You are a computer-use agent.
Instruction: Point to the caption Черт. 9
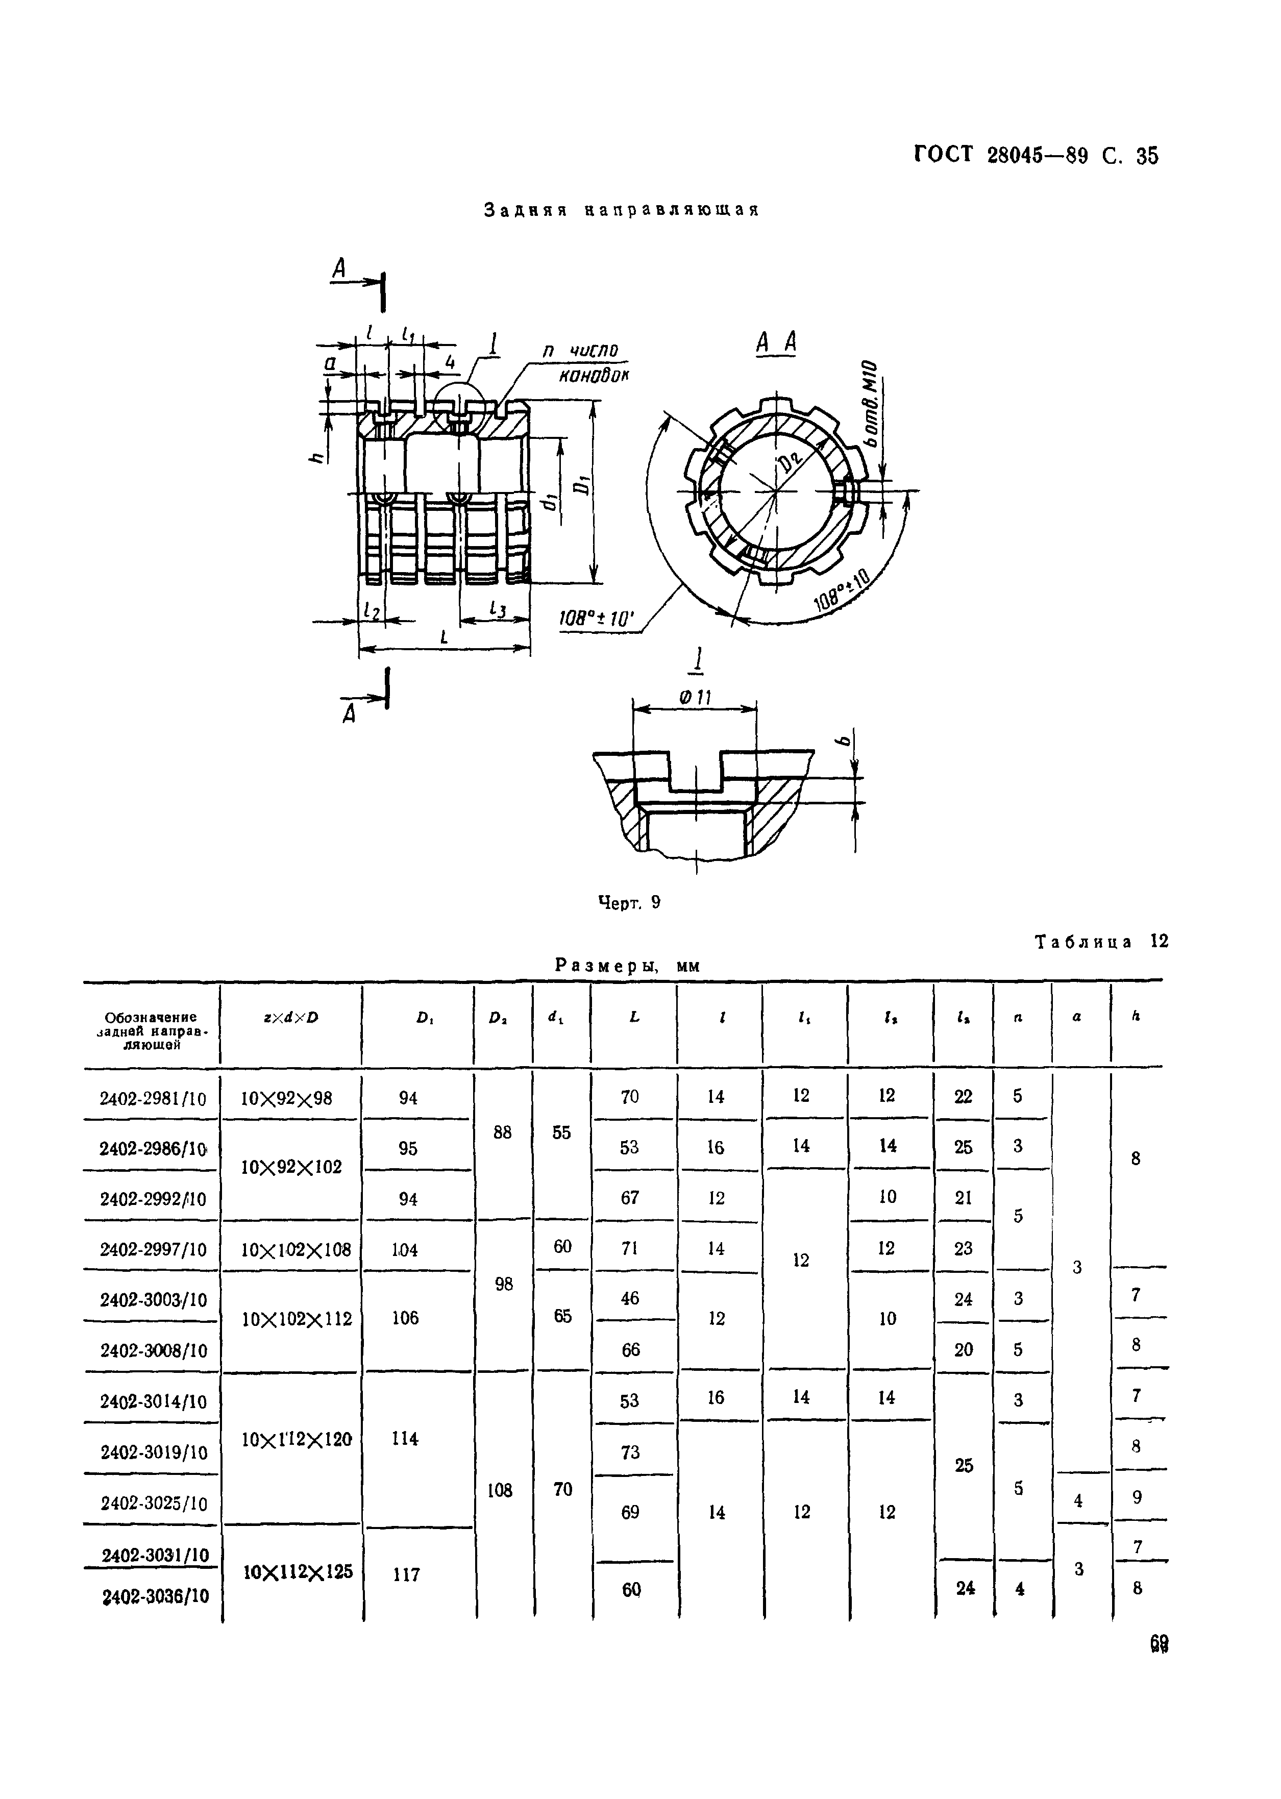click(629, 903)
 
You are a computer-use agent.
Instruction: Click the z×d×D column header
click(291, 1018)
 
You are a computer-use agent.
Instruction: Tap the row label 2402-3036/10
click(155, 1596)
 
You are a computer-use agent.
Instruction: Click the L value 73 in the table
click(630, 1452)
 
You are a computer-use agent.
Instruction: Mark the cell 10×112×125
click(298, 1572)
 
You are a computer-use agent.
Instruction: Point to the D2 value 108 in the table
click(500, 1490)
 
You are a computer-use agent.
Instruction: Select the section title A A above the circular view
click(776, 344)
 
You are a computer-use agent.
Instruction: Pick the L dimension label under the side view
click(444, 637)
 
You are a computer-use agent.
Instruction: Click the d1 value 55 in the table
click(561, 1132)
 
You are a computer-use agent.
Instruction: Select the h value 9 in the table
click(1137, 1496)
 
